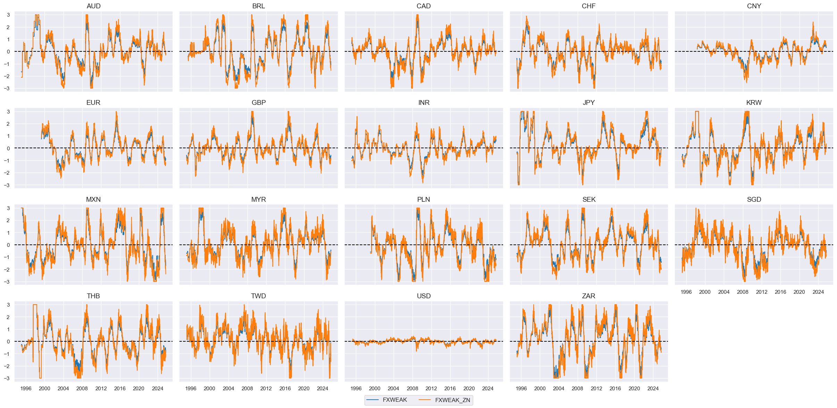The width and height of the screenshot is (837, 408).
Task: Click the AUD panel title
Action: [93, 6]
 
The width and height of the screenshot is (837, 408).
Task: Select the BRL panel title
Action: [258, 6]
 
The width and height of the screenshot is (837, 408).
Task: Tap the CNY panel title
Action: [754, 6]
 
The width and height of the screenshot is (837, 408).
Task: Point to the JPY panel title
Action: [588, 103]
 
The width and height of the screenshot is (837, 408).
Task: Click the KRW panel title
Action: [754, 103]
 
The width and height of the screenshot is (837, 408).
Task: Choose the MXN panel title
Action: [93, 200]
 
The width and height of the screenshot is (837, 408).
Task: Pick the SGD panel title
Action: [754, 200]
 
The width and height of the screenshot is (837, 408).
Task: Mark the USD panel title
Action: [424, 296]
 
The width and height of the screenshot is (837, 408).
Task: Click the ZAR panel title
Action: [588, 296]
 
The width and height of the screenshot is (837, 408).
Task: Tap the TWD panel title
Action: [258, 296]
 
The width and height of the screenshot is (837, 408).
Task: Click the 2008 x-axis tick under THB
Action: [82, 389]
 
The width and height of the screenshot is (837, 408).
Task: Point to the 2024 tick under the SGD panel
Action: [818, 292]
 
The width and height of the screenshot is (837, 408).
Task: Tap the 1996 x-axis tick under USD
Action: [356, 389]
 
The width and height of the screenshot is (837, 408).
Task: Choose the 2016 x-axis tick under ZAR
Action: [615, 389]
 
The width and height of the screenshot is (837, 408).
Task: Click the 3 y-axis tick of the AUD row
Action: [8, 15]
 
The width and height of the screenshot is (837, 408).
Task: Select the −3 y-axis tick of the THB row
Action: [7, 378]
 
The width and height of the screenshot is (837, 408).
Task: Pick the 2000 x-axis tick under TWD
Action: [209, 389]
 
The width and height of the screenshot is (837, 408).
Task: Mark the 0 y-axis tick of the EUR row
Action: [8, 148]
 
